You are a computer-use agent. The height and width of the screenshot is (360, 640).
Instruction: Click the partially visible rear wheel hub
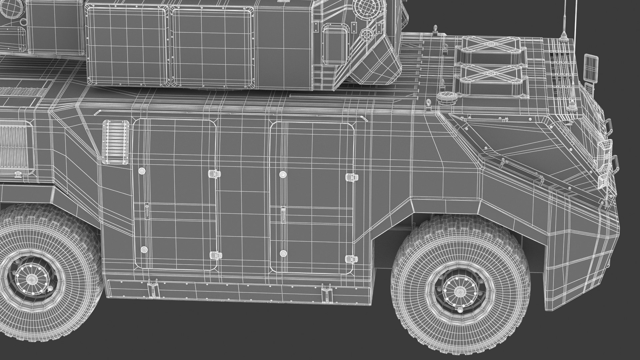pyautogui.click(x=32, y=279)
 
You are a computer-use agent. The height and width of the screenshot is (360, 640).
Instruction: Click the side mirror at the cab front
pyautogui.click(x=590, y=68)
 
